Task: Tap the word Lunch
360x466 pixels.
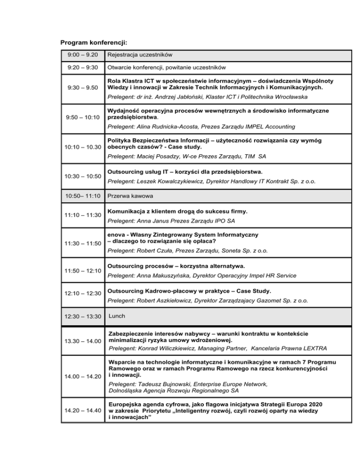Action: (117, 316)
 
